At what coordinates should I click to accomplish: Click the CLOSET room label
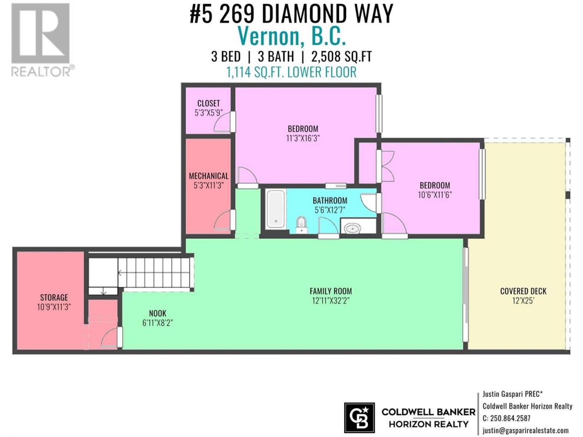point(209,103)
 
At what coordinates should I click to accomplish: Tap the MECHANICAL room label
point(209,176)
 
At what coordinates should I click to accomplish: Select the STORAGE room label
point(54,297)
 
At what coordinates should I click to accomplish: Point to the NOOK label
point(158,313)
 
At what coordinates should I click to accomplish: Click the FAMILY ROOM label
point(331,291)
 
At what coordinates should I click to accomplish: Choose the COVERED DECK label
point(523,291)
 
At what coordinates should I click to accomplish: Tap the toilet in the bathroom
point(301,224)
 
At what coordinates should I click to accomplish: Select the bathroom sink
point(352,228)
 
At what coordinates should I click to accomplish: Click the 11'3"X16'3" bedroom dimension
point(303,138)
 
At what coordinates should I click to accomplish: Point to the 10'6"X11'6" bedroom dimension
point(435,195)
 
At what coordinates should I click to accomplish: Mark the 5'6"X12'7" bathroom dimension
point(330,210)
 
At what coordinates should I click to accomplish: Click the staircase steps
point(154,271)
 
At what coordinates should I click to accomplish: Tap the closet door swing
point(222,122)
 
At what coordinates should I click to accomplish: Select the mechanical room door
point(223,220)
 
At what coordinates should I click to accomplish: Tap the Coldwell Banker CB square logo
point(359,417)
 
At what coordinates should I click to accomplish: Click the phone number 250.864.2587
point(510,418)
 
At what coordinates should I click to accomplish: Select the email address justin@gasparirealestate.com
point(526,430)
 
